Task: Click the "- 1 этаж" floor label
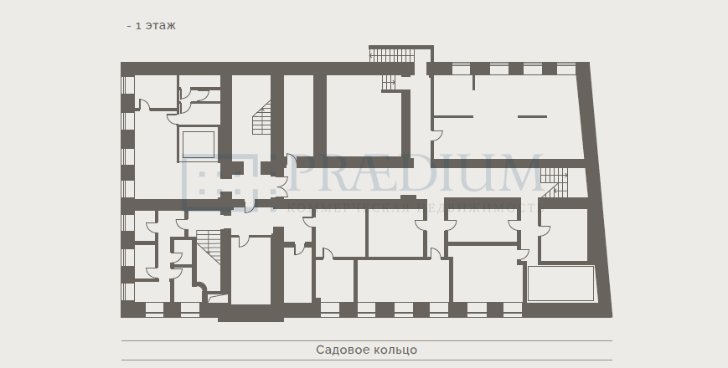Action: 151,26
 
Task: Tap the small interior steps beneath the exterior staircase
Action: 389,83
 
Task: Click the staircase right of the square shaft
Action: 262,119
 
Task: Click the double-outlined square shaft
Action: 199,145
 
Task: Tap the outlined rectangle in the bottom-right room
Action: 560,284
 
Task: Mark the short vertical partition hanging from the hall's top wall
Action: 474,83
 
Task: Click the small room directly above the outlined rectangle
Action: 563,234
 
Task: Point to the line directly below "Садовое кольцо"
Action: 366,360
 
